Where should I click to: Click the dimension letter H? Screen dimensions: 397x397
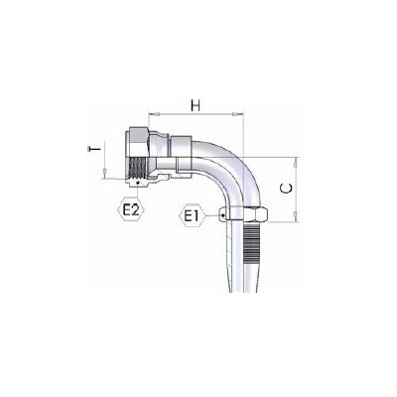(196, 105)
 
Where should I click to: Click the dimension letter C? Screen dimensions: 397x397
(286, 189)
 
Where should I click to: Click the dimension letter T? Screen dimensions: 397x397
(95, 150)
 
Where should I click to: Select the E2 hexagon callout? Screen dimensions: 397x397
(131, 209)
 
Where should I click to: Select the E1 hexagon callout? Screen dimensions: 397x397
(193, 216)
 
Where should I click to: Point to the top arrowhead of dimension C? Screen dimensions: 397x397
(297, 162)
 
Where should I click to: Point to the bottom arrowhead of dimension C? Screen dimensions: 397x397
(297, 216)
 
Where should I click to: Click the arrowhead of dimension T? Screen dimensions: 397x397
(104, 174)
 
